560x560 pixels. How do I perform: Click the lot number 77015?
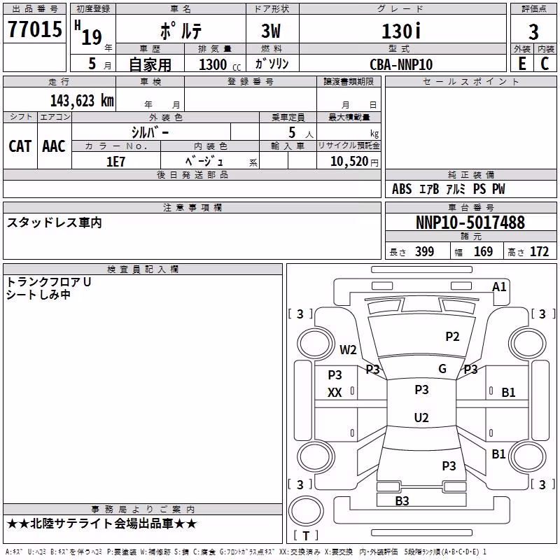click(35, 29)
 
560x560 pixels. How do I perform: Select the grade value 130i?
click(401, 31)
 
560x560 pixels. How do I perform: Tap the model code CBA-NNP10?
click(401, 64)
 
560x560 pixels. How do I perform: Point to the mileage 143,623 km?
click(82, 101)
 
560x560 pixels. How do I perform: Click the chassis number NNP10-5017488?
click(470, 223)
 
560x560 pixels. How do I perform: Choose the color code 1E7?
click(115, 162)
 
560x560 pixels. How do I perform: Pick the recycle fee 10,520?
click(349, 162)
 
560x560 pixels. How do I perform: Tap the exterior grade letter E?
click(522, 64)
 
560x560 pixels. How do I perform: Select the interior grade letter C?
click(545, 64)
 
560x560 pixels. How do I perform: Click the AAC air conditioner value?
click(54, 146)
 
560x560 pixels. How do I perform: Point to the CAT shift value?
click(20, 146)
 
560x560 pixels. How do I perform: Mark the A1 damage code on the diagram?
click(499, 287)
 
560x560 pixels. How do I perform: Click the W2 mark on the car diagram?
click(348, 349)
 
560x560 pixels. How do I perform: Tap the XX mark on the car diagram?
click(335, 393)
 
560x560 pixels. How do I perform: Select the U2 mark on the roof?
click(421, 417)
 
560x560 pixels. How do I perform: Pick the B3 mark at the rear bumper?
click(402, 500)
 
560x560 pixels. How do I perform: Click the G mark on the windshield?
click(442, 369)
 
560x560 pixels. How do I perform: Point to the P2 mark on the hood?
click(452, 337)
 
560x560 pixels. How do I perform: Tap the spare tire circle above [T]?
click(306, 511)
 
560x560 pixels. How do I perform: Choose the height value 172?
click(539, 252)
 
